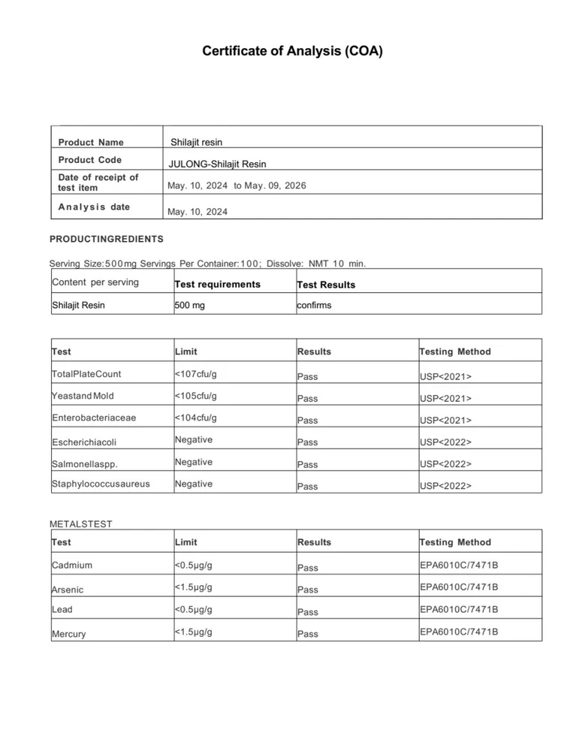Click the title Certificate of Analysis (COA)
292,52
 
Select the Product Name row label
91,142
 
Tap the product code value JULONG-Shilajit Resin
218,164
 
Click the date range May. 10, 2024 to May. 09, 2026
237,185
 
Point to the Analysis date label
94,207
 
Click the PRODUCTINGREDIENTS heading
106,239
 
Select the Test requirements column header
217,284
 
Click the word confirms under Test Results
314,305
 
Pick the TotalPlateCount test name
86,373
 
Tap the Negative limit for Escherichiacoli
193,439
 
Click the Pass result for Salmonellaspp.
308,465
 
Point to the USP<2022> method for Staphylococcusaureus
445,486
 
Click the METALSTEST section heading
80,523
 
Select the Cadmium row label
72,565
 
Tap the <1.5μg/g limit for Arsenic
193,587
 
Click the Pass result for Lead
308,612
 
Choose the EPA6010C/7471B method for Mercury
458,632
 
